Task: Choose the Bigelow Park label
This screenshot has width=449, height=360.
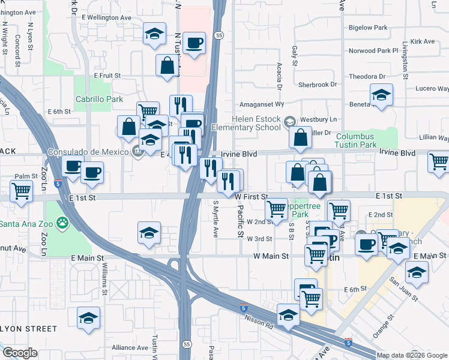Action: coord(368,28)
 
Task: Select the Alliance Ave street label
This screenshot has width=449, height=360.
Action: coord(130,347)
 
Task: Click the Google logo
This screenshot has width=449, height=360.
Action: coord(20,353)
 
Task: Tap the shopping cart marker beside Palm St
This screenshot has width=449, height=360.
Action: coord(22,192)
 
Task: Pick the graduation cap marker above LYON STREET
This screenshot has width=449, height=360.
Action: coord(88,318)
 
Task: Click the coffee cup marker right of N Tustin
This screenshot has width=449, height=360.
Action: coord(194,43)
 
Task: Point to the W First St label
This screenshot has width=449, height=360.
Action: coord(251,196)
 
